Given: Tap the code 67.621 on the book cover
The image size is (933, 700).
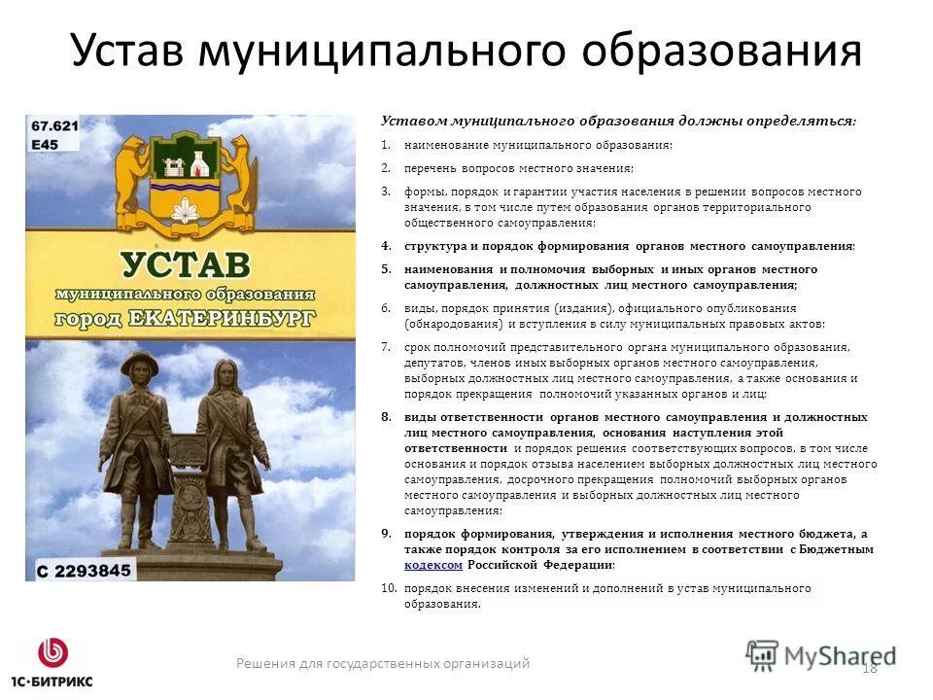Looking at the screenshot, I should (54, 125).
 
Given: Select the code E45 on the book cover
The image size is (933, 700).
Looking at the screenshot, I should (45, 144).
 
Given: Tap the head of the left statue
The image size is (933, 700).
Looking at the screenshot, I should (140, 367).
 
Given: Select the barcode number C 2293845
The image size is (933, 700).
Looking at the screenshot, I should (83, 570).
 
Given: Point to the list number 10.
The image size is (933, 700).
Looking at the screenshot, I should (388, 589).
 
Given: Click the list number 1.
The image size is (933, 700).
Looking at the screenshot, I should (385, 146).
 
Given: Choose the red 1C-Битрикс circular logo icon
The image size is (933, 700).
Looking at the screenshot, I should (52, 651).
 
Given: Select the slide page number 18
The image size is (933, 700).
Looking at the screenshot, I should (869, 667).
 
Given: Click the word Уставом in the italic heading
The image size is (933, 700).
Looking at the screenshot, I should (411, 122).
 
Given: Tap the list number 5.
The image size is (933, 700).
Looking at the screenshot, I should (385, 269).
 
